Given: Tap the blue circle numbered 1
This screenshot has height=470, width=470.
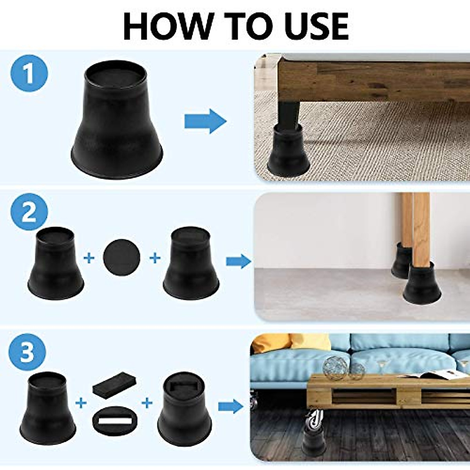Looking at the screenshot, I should (x=29, y=73).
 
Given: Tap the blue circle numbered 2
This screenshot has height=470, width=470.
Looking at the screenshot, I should (x=29, y=213).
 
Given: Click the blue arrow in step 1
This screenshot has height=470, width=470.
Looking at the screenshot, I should (x=205, y=121).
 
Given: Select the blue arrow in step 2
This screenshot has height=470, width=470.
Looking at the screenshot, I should (x=238, y=261).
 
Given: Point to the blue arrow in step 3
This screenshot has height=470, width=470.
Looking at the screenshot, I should (x=230, y=407).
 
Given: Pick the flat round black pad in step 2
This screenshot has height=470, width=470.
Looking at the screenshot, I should (x=121, y=257).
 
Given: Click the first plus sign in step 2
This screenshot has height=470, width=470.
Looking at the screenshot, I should (x=89, y=258).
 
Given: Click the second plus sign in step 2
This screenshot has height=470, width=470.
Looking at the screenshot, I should (x=155, y=258).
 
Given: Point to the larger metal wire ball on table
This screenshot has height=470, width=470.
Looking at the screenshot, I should (x=335, y=368).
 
